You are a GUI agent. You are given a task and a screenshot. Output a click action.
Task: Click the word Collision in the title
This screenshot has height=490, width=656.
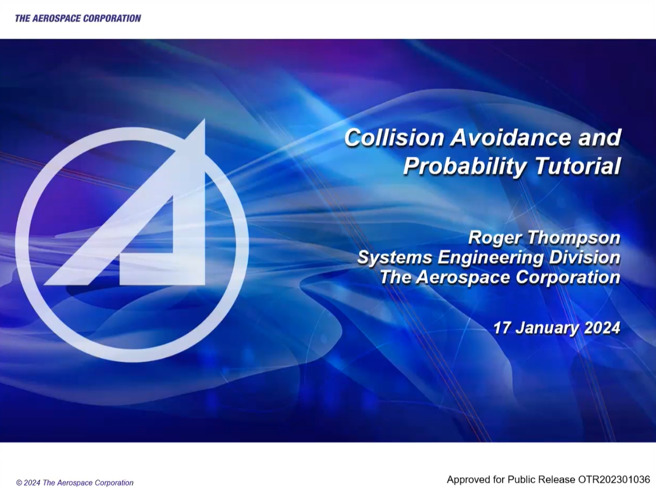click(394, 138)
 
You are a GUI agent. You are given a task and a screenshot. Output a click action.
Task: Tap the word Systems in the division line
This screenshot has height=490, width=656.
click(394, 257)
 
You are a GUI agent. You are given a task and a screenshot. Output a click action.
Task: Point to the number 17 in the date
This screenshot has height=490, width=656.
click(502, 327)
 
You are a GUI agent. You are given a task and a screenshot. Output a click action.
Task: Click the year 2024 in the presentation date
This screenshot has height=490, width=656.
click(602, 327)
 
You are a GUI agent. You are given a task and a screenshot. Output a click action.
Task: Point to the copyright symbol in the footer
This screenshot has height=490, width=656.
click(19, 483)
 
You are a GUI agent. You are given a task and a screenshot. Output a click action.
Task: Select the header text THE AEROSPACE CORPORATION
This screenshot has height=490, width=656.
click(78, 18)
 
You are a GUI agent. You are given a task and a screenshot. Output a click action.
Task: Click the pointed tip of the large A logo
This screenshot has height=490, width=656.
click(204, 120)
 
